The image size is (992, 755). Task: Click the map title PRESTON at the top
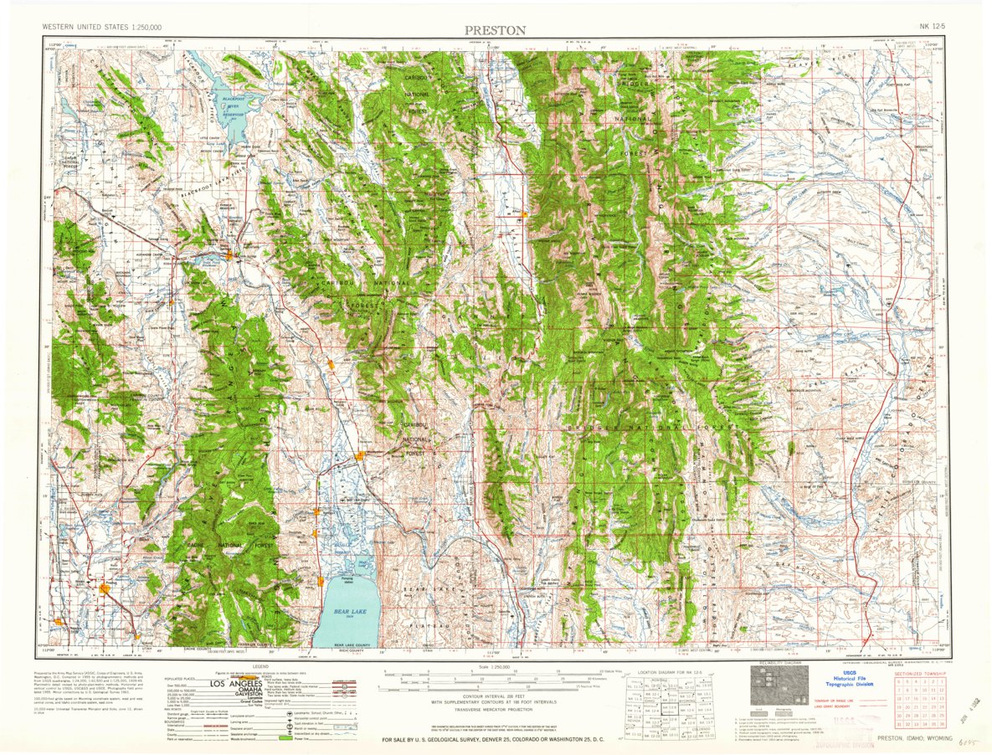coord(496,30)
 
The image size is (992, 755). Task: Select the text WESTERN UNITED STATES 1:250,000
coord(102,28)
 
